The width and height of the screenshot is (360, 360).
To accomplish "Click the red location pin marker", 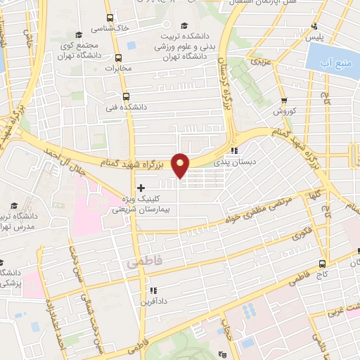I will coord(181,165).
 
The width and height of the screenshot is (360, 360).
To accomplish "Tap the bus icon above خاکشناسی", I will coord(108,18).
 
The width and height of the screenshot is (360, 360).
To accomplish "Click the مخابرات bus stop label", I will coord(118,69).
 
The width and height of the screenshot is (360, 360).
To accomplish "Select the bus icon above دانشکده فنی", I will coord(126,97).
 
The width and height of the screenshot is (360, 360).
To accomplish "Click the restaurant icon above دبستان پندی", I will coord(236,150).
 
